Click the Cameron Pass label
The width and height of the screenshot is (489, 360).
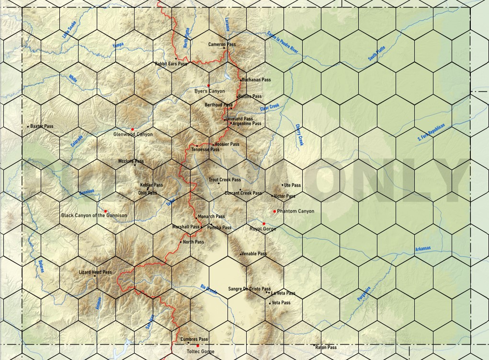tap(222, 45)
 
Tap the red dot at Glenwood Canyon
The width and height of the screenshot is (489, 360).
tap(132, 129)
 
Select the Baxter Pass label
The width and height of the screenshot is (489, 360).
tap(42, 127)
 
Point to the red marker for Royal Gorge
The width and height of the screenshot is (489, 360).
tap(263, 223)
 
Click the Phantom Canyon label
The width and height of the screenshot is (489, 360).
tap(296, 211)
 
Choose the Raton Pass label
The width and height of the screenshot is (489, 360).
tap(327, 348)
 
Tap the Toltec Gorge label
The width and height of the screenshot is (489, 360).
tap(200, 352)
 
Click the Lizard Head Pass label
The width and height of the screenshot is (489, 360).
tap(95, 272)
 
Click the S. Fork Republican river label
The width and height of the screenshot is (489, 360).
tap(431, 132)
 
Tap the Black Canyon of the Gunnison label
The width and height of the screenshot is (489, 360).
tap(94, 216)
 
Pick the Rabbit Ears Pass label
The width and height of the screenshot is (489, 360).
tap(171, 64)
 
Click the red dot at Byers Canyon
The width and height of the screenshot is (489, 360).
tap(208, 85)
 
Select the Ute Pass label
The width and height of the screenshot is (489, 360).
tap(292, 185)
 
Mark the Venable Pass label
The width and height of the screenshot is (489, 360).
tap(254, 254)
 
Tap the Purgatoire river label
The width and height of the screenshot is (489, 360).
tap(364, 293)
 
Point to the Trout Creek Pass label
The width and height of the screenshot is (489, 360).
tap(225, 180)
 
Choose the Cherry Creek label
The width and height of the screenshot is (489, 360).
tap(300, 135)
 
